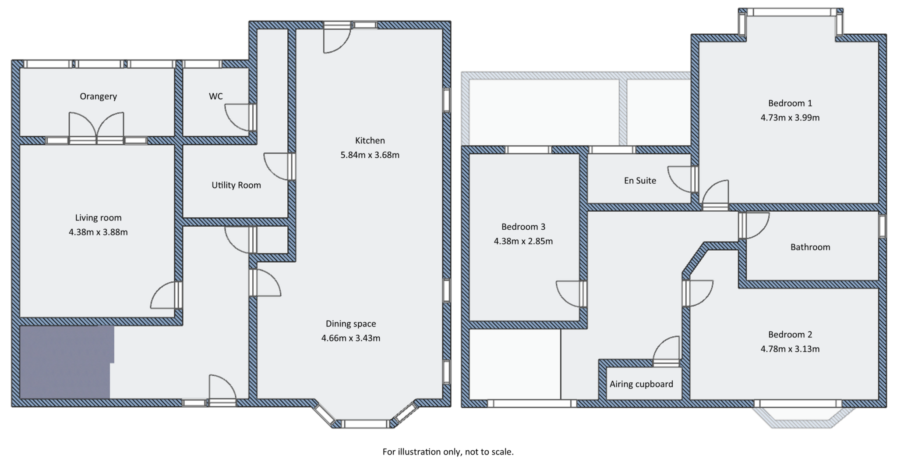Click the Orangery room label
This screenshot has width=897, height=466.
click(98, 96)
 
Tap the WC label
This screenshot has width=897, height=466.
click(215, 96)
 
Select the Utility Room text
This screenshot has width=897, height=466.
click(236, 185)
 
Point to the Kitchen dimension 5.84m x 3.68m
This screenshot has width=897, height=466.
click(370, 155)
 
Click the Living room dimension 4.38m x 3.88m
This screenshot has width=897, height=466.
click(98, 232)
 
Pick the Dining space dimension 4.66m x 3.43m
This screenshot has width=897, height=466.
click(350, 338)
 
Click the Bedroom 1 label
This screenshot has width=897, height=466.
click(790, 103)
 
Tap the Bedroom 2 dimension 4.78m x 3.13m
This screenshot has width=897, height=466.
click(790, 349)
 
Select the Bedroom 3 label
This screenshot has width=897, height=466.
click(523, 227)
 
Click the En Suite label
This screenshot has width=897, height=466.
click(640, 181)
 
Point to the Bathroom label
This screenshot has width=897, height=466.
click(810, 247)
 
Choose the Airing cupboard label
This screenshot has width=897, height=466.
click(641, 384)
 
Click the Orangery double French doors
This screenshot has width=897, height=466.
click(96, 127)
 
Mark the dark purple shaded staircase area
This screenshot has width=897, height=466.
click(66, 362)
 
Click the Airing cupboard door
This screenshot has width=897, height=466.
click(666, 351)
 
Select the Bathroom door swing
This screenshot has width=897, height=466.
click(754, 225)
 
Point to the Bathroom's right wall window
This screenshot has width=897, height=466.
click(882, 226)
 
